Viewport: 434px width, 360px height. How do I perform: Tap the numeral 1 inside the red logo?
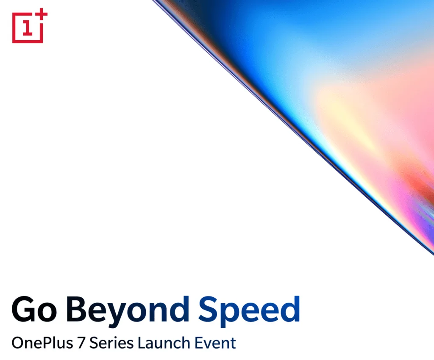click(x=28, y=28)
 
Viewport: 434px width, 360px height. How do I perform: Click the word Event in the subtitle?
click(x=216, y=343)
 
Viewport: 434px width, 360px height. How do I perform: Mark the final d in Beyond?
click(x=177, y=310)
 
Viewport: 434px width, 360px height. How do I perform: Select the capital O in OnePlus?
click(x=18, y=343)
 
